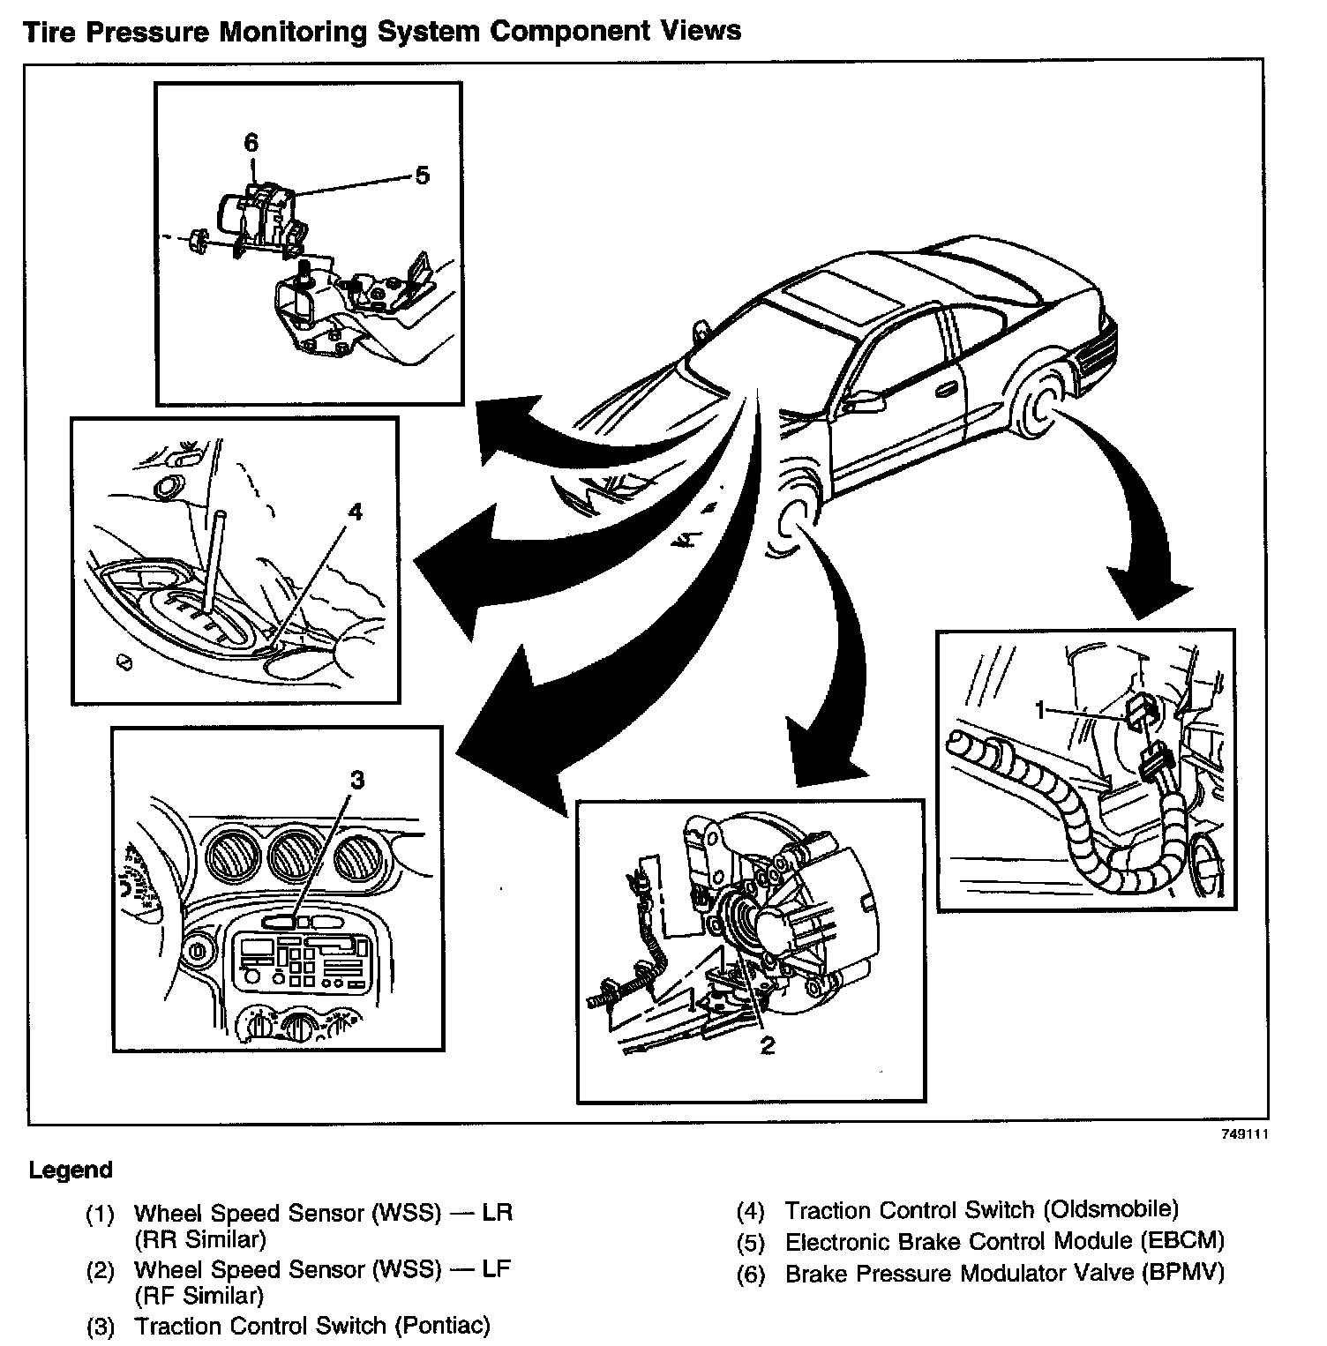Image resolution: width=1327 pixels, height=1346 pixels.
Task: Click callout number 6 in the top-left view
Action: (x=251, y=142)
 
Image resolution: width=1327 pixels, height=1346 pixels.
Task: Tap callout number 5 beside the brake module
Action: (x=422, y=176)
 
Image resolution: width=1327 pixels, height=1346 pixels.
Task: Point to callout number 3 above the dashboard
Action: (x=356, y=780)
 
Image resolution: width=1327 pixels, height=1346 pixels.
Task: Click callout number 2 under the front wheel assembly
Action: (x=767, y=1045)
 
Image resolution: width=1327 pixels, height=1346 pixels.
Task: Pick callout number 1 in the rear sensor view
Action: (x=1042, y=709)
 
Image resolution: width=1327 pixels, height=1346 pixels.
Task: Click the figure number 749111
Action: (x=1245, y=1136)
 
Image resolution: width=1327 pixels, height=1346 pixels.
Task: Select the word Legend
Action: (x=71, y=1170)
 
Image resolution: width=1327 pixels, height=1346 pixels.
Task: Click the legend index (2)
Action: (x=100, y=1270)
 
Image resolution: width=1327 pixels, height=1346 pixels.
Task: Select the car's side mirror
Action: (x=866, y=401)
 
